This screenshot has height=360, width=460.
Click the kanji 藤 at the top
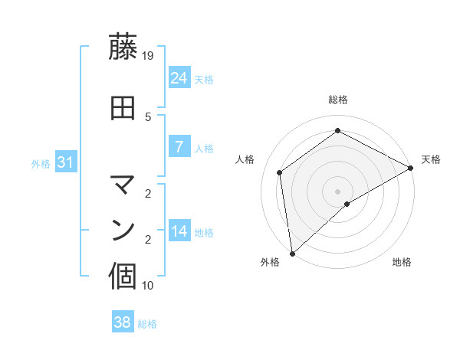124,48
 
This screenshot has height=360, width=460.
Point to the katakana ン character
124,230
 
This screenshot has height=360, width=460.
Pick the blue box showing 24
179,78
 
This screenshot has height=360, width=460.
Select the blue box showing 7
179,147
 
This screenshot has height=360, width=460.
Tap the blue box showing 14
179,231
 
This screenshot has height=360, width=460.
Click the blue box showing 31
64,162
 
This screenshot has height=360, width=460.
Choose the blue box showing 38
123,322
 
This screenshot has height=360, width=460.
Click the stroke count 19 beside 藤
148,55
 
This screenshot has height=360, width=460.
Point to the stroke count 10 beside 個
148,286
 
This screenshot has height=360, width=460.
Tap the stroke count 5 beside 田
148,116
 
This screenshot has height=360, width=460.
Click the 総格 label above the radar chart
337,100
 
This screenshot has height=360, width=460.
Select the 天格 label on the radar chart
431,159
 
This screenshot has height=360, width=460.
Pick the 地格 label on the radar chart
402,262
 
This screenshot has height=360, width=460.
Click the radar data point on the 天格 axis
411,168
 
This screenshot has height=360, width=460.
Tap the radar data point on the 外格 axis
292,253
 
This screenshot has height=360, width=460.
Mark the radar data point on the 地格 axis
347,204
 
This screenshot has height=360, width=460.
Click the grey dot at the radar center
337,191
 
